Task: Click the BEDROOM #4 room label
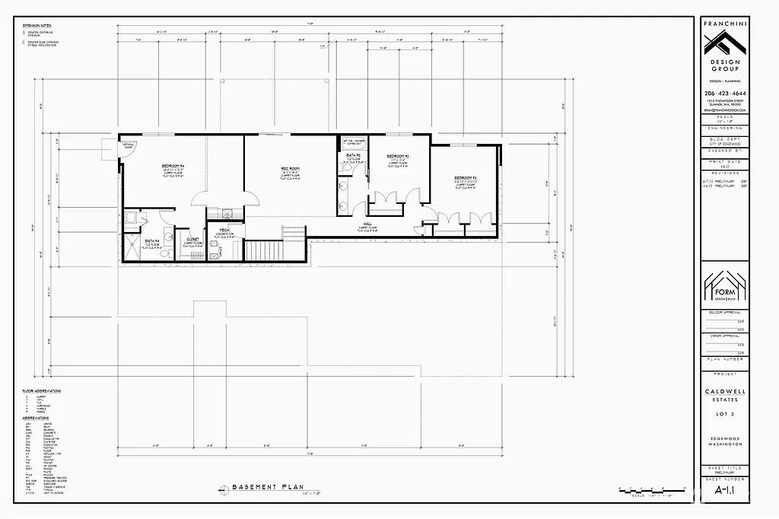point(173,165)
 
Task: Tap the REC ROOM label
point(291,168)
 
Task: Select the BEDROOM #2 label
point(399,156)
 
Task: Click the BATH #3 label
point(352,155)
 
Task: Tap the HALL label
point(367,224)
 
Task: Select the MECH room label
point(225,230)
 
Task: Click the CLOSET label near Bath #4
point(192,239)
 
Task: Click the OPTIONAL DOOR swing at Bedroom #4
point(127,146)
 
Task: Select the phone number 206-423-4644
point(724,93)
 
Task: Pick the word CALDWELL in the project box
point(724,390)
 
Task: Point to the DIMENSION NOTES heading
point(37,25)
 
